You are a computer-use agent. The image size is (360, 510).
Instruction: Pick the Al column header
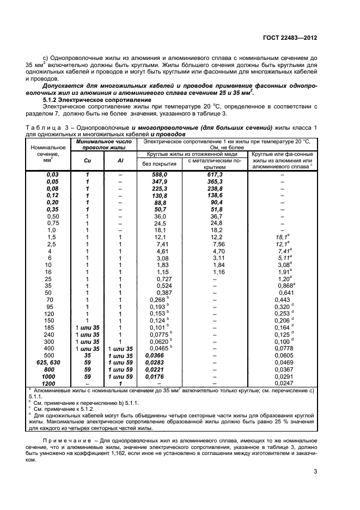click(120, 161)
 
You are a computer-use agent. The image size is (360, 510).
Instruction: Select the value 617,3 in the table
click(215, 174)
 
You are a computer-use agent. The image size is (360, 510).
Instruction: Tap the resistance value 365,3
click(215, 181)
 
